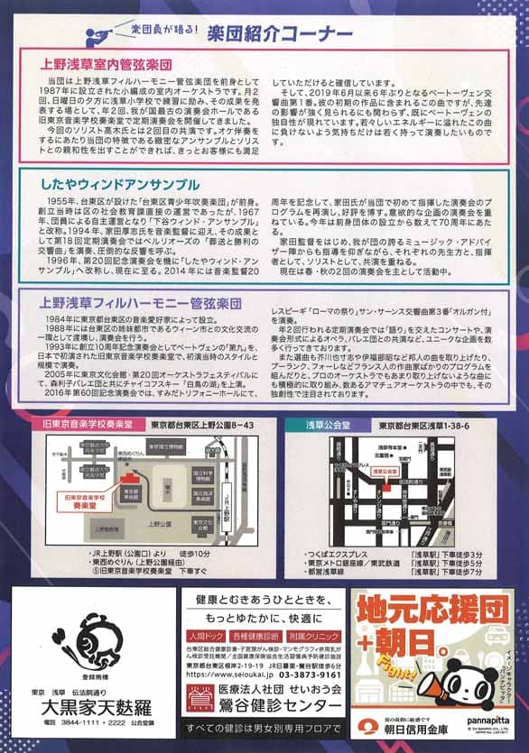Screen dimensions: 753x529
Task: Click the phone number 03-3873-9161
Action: [x=297, y=673]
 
